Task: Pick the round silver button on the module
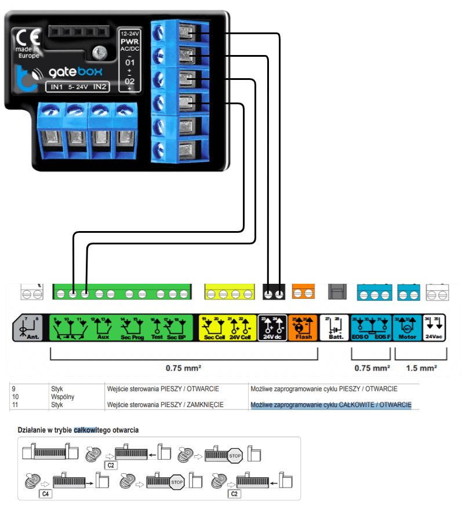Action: [100, 53]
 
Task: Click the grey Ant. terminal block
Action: [30, 328]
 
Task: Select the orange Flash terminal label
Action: [303, 336]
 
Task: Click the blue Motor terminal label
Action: [408, 336]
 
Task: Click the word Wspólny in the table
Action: [61, 397]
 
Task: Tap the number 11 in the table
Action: [16, 404]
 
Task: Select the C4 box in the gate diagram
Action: [45, 494]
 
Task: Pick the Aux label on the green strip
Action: [103, 336]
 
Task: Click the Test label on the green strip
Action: [157, 336]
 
